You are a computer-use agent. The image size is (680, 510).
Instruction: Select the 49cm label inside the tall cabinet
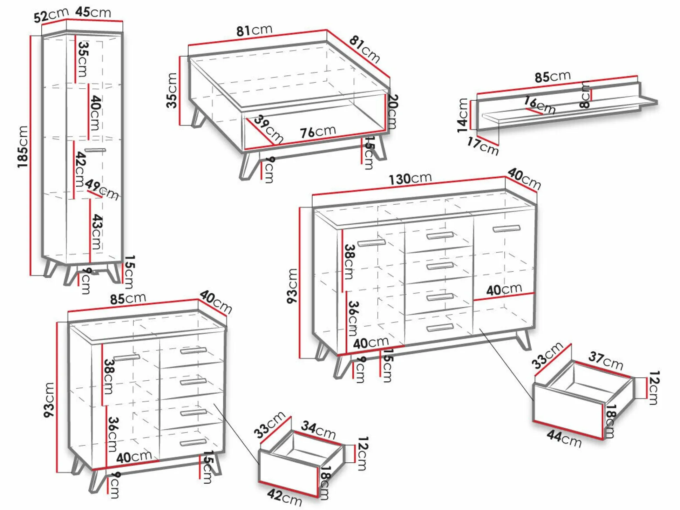102,189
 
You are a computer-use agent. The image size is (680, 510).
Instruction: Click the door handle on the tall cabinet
95,150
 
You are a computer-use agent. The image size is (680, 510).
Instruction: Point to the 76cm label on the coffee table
318,132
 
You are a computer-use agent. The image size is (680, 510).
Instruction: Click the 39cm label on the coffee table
268,129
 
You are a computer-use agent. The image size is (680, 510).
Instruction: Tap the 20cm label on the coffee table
393,111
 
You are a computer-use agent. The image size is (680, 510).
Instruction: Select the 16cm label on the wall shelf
540,104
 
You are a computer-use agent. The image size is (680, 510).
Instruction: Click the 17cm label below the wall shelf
483,146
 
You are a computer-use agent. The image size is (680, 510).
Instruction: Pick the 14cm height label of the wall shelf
463,115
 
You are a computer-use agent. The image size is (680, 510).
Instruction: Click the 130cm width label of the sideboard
410,178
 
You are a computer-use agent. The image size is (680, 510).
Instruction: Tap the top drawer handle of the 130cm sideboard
440,235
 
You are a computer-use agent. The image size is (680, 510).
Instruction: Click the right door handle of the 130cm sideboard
506,229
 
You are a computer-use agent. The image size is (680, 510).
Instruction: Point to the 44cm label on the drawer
564,438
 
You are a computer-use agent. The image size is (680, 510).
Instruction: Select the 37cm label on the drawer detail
606,361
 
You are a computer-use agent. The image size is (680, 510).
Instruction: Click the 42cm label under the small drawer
284,497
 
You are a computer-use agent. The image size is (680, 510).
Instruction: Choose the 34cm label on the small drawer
318,430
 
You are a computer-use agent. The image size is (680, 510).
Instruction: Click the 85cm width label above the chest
128,298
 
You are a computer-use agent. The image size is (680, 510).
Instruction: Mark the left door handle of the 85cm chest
127,357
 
